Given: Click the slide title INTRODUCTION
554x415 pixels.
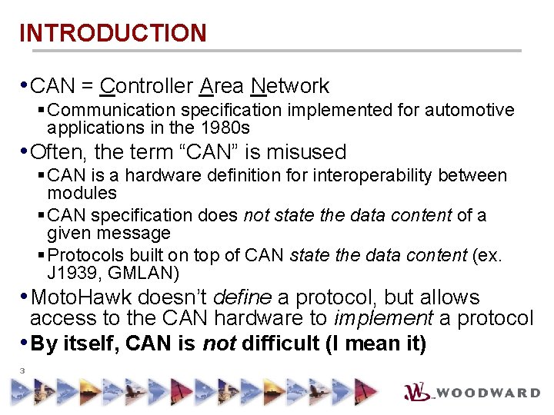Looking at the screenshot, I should (x=112, y=33).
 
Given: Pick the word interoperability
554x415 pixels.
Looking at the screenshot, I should (x=388, y=176).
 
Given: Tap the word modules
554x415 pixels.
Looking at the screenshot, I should (x=82, y=193).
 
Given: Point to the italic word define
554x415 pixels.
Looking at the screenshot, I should (x=240, y=297).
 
